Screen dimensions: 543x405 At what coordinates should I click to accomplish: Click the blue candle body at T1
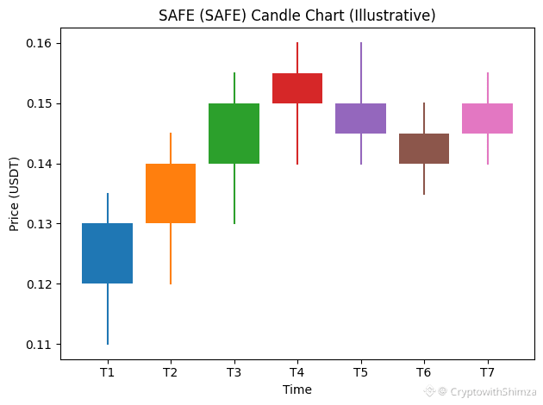(x=108, y=253)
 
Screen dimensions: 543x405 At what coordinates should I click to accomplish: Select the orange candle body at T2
(x=171, y=193)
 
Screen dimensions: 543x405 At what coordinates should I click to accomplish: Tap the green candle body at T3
(x=234, y=134)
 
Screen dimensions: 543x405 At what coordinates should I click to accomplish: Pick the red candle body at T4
(x=297, y=88)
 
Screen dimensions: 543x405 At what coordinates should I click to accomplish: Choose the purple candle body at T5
(x=361, y=118)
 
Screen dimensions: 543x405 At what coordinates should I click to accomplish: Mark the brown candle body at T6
(x=424, y=148)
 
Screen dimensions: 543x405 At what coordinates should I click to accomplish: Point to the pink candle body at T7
(x=488, y=118)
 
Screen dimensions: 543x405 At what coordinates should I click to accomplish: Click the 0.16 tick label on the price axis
(x=39, y=43)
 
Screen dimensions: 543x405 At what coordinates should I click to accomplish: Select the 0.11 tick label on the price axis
(x=39, y=345)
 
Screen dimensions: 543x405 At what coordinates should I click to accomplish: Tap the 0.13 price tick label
(x=39, y=224)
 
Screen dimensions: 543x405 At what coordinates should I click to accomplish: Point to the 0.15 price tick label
(x=39, y=103)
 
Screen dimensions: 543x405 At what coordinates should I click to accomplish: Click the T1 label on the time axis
(x=107, y=372)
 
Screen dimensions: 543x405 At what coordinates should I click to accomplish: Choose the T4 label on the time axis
(x=297, y=372)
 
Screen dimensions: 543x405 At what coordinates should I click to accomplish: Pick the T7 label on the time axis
(x=487, y=372)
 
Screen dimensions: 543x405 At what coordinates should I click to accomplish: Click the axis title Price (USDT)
(x=14, y=194)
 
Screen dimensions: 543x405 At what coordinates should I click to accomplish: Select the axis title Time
(x=297, y=389)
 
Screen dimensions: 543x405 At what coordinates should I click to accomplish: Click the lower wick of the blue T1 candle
(x=108, y=314)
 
